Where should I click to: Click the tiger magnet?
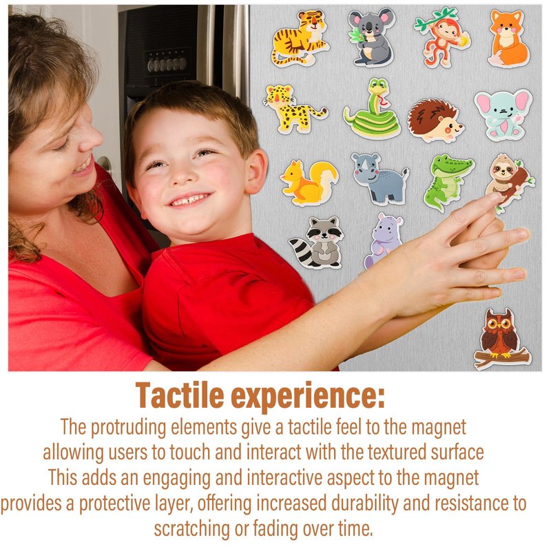[300, 39]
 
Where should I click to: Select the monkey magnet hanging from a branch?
[443, 37]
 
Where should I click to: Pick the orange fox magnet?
[508, 39]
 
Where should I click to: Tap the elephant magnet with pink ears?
[503, 114]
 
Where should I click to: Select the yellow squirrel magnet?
[309, 183]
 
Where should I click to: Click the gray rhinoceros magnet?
[380, 178]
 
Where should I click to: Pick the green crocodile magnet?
[447, 182]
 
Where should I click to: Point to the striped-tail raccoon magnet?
[316, 242]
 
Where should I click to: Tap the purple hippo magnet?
[382, 239]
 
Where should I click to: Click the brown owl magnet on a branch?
[501, 339]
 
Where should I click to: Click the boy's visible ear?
[256, 171]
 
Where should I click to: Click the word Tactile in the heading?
[180, 395]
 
